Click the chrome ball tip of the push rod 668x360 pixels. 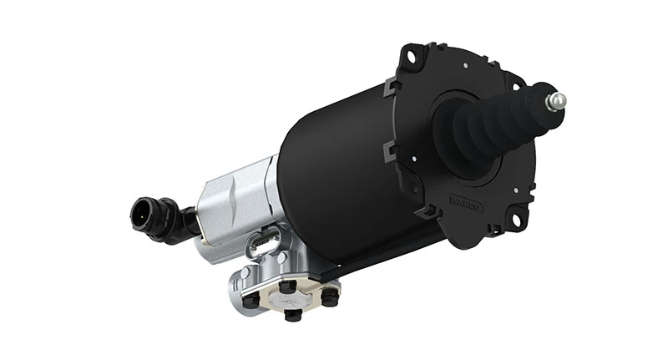click(556, 101)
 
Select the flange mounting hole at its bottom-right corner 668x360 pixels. click(516, 220)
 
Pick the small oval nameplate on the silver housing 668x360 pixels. click(262, 244)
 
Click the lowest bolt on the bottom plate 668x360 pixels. click(291, 315)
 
